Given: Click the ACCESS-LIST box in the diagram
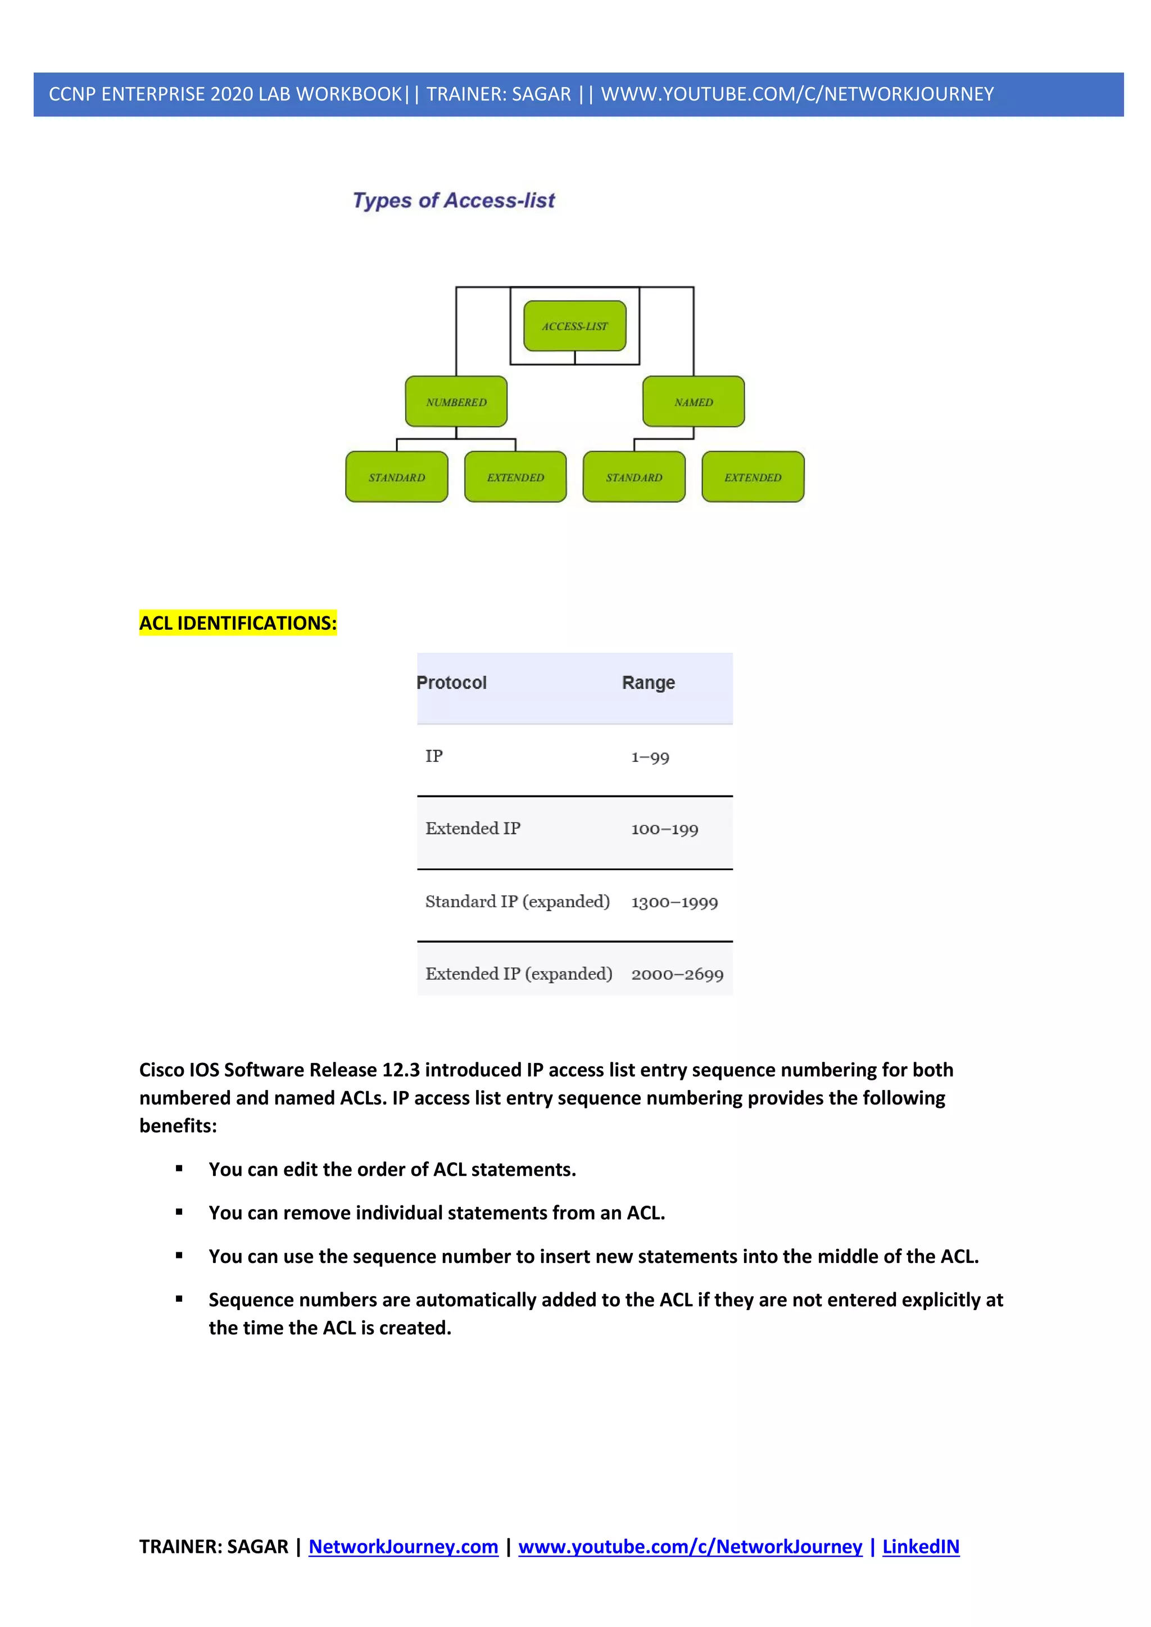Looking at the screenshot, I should click(575, 326).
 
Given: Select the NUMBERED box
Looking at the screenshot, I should click(456, 402).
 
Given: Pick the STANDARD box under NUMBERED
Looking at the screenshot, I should click(396, 477).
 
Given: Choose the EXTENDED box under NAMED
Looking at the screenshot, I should click(753, 477).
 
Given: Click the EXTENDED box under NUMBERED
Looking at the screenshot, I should click(515, 477).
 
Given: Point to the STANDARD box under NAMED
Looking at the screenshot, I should click(633, 477).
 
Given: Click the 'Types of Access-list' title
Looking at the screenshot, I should click(454, 201).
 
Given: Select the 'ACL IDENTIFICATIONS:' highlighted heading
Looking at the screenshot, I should click(237, 623).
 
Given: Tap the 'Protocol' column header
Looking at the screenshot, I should click(451, 683).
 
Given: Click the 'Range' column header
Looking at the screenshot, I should click(648, 683).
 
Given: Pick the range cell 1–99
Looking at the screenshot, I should click(650, 757).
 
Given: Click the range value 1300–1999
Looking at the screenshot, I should click(674, 902).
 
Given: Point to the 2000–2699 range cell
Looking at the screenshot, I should click(677, 974).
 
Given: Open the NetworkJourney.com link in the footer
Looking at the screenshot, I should click(404, 1546).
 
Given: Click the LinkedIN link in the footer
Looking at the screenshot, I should click(920, 1546).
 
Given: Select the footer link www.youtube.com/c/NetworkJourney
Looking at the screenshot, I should click(690, 1546).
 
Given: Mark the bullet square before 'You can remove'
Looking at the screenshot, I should click(179, 1212).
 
